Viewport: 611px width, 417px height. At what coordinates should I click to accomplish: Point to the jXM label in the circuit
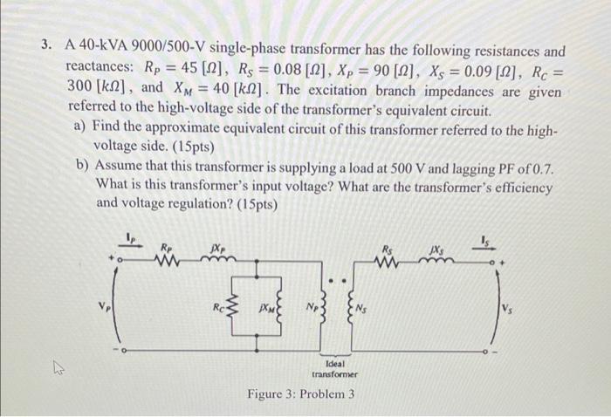263,307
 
